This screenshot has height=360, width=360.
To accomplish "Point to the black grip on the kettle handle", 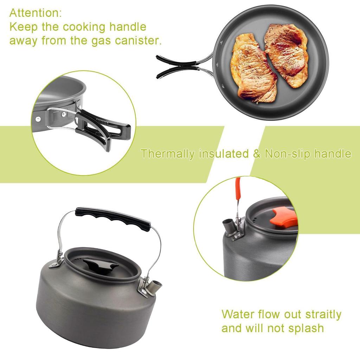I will tap(113, 218).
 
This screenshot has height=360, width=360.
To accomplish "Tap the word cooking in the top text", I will tap(79, 27).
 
